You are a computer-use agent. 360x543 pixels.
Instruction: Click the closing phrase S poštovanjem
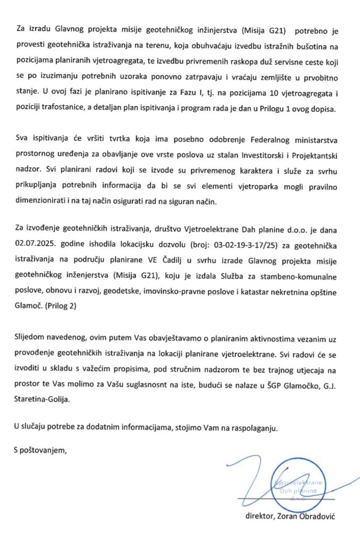pos(40,450)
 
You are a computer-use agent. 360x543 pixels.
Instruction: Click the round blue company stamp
pos(297,489)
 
